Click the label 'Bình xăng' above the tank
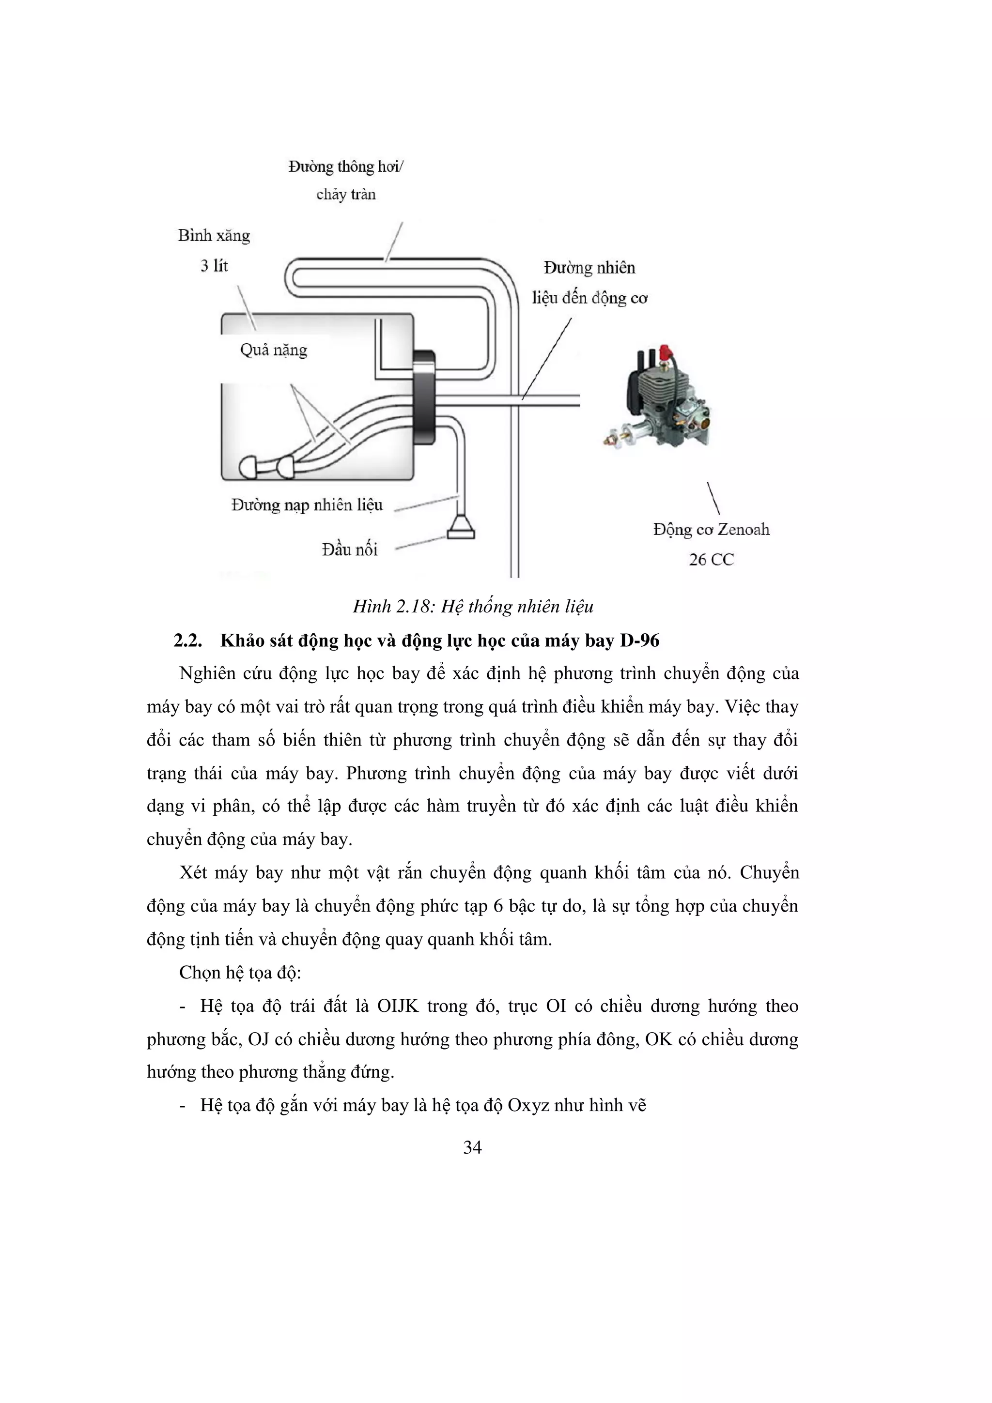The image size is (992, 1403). pyautogui.click(x=214, y=236)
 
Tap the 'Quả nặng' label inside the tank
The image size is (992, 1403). pyautogui.click(x=273, y=350)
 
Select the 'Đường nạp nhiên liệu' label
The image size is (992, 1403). pyautogui.click(x=307, y=505)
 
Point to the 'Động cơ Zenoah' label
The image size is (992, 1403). pyautogui.click(x=711, y=529)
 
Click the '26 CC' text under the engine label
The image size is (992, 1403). pyautogui.click(x=711, y=559)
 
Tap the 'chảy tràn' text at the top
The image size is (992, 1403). pyautogui.click(x=346, y=194)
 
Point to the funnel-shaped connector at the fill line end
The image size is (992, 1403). pyautogui.click(x=461, y=527)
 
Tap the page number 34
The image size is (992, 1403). pyautogui.click(x=472, y=1147)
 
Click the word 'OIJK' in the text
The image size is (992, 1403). pyautogui.click(x=397, y=1006)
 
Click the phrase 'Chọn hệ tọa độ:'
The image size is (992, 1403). pyautogui.click(x=240, y=972)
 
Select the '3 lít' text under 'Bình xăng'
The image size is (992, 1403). pyautogui.click(x=214, y=266)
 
